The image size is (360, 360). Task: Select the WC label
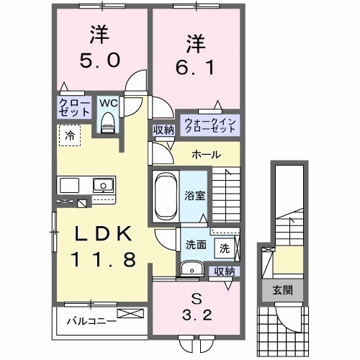pyautogui.click(x=107, y=103)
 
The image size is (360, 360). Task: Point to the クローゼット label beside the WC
pyautogui.click(x=74, y=108)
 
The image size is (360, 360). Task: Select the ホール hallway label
pyautogui.click(x=206, y=155)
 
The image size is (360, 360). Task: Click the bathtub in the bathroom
pyautogui.click(x=166, y=195)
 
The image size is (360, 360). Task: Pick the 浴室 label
pyautogui.click(x=194, y=194)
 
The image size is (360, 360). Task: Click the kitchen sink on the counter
pyautogui.click(x=104, y=185)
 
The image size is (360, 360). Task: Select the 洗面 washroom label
pyautogui.click(x=197, y=244)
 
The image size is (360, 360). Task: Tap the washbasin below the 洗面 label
pyautogui.click(x=192, y=269)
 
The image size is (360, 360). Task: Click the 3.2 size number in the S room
pyautogui.click(x=197, y=315)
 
